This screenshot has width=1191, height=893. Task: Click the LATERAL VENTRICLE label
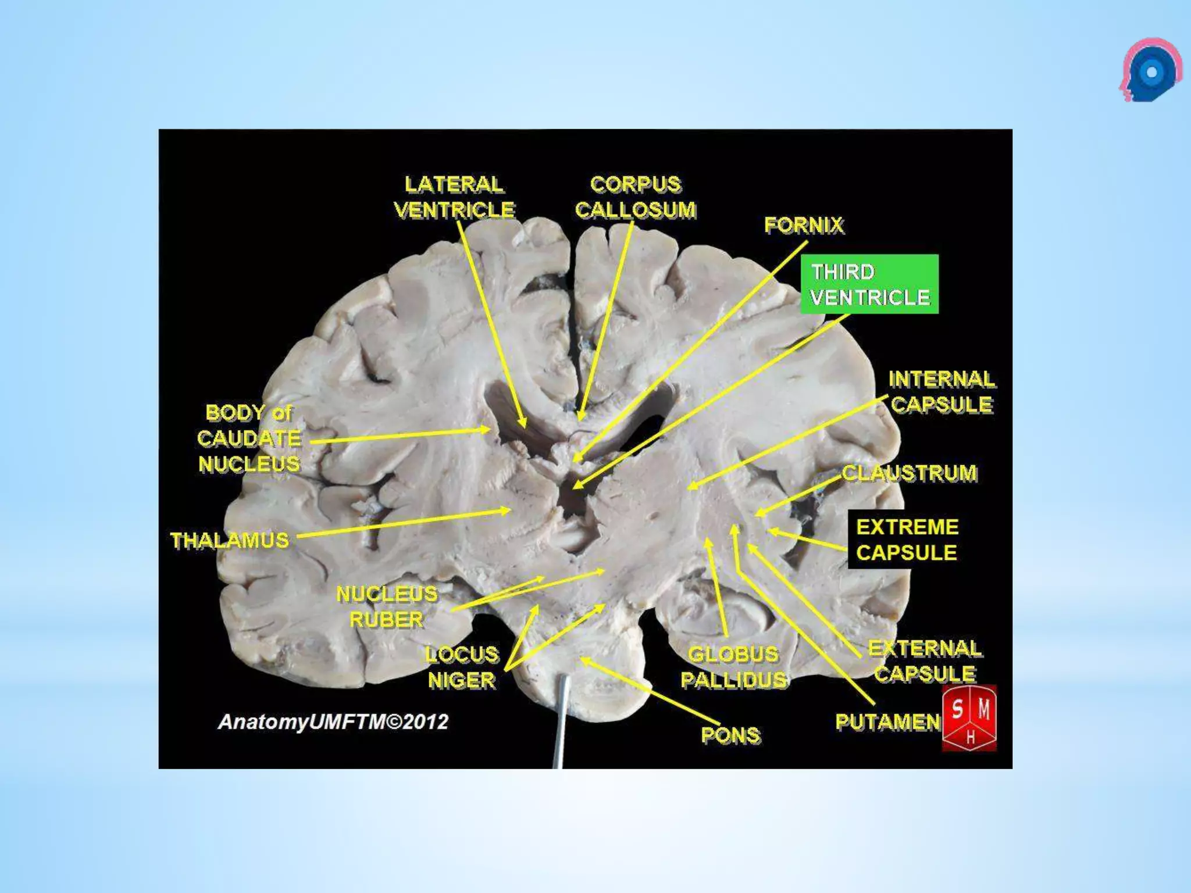click(454, 197)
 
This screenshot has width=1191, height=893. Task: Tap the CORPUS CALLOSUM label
click(635, 197)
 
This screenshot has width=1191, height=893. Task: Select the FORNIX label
click(803, 225)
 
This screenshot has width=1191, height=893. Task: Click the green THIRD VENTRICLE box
click(869, 284)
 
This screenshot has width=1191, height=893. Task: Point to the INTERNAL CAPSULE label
click(942, 392)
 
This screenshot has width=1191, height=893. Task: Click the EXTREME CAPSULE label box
click(906, 540)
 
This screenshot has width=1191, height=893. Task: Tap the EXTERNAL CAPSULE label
click(925, 661)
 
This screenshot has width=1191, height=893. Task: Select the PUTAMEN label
click(887, 722)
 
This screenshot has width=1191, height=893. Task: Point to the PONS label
click(730, 735)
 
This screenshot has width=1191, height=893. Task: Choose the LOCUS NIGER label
click(462, 667)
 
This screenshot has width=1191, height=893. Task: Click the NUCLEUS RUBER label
click(387, 606)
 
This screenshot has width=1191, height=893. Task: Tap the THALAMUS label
click(230, 541)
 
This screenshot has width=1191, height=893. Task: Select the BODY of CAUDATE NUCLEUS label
click(249, 438)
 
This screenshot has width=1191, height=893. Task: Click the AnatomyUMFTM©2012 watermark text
click(333, 722)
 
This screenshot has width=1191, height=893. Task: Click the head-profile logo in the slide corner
click(1150, 70)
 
